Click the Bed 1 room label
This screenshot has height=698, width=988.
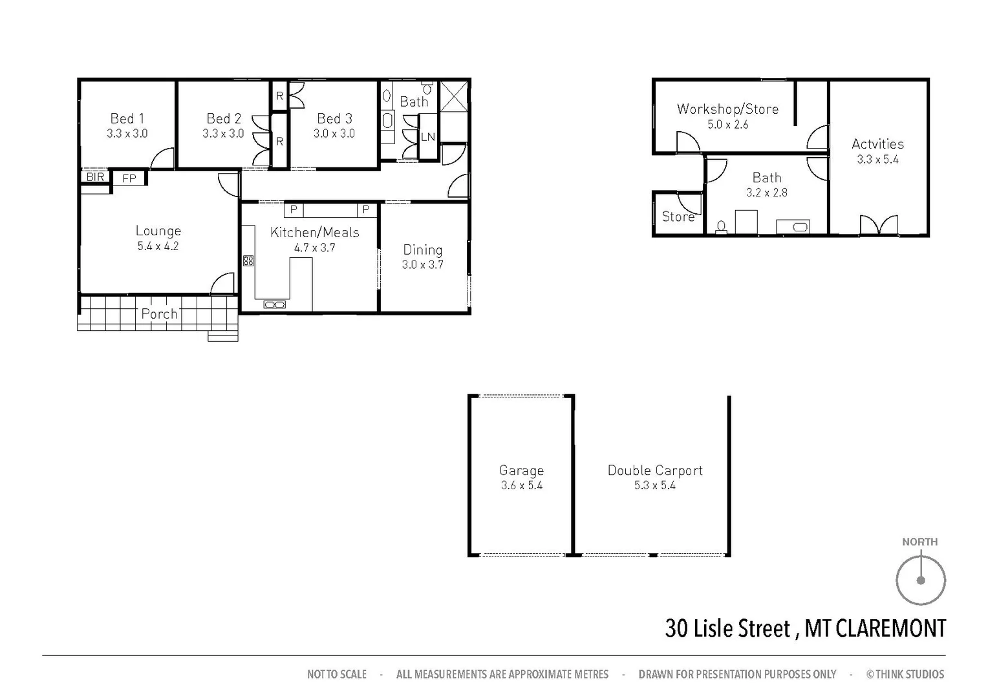point(127,118)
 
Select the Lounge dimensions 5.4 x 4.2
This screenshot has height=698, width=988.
point(158,246)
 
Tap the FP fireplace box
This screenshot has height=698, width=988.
point(129,178)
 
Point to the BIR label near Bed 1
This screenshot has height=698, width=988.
point(95,176)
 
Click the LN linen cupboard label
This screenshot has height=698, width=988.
point(427,137)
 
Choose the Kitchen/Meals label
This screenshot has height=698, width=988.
point(314,233)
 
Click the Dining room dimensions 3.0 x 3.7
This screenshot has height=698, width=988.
point(422,264)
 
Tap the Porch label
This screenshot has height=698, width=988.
point(159,314)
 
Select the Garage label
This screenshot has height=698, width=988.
point(521,471)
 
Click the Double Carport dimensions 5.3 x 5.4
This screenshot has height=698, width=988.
point(654,485)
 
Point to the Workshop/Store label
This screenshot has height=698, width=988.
point(727,109)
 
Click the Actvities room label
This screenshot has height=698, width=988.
point(877,144)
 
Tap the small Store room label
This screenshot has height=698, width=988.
point(677,217)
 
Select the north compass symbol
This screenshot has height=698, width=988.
point(920,579)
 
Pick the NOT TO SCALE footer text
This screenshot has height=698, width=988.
point(336,674)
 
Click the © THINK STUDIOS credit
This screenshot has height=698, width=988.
point(905,674)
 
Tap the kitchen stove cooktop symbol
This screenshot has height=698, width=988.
point(248,260)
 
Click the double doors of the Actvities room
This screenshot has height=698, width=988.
point(879,225)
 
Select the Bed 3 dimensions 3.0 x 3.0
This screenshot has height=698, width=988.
point(334,134)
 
